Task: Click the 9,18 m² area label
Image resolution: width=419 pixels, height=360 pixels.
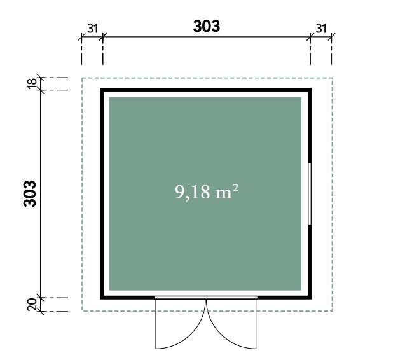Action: tap(206, 191)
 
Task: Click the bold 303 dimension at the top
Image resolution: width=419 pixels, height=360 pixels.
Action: tap(207, 26)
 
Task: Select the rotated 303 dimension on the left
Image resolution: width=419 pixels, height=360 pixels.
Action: tap(30, 194)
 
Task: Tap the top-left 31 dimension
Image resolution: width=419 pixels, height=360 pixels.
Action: tap(92, 29)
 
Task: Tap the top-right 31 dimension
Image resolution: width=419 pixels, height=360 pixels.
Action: tap(321, 29)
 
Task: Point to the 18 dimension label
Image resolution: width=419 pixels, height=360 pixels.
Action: tap(32, 83)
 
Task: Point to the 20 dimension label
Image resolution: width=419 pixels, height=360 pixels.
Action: tap(32, 305)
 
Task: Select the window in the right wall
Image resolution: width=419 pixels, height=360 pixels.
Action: tap(310, 193)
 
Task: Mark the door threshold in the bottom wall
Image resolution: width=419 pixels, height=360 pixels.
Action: tap(206, 298)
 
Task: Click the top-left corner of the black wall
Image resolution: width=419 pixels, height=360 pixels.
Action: tap(100, 88)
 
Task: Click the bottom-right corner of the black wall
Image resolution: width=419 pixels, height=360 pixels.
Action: tap(312, 299)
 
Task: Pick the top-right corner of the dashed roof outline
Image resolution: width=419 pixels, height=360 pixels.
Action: tap(333, 78)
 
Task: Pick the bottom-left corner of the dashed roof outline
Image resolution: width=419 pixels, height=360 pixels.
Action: tap(82, 311)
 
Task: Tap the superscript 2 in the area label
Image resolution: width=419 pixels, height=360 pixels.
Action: tap(235, 188)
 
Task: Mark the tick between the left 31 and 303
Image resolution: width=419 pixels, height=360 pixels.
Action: tap(102, 37)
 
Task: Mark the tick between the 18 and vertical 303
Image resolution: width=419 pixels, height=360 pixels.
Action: tap(41, 90)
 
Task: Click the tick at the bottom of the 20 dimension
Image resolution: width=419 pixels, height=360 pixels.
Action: tap(41, 311)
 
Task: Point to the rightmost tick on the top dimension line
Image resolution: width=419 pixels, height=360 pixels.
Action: tap(332, 37)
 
